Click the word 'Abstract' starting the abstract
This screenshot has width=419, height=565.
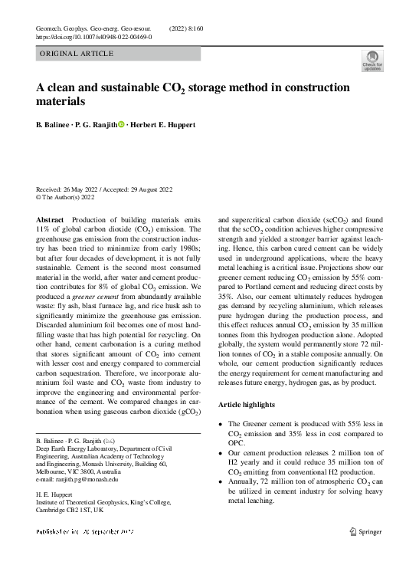point(51,218)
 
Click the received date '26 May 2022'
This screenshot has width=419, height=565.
point(84,189)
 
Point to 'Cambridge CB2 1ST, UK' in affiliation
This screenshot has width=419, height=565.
point(73,510)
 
